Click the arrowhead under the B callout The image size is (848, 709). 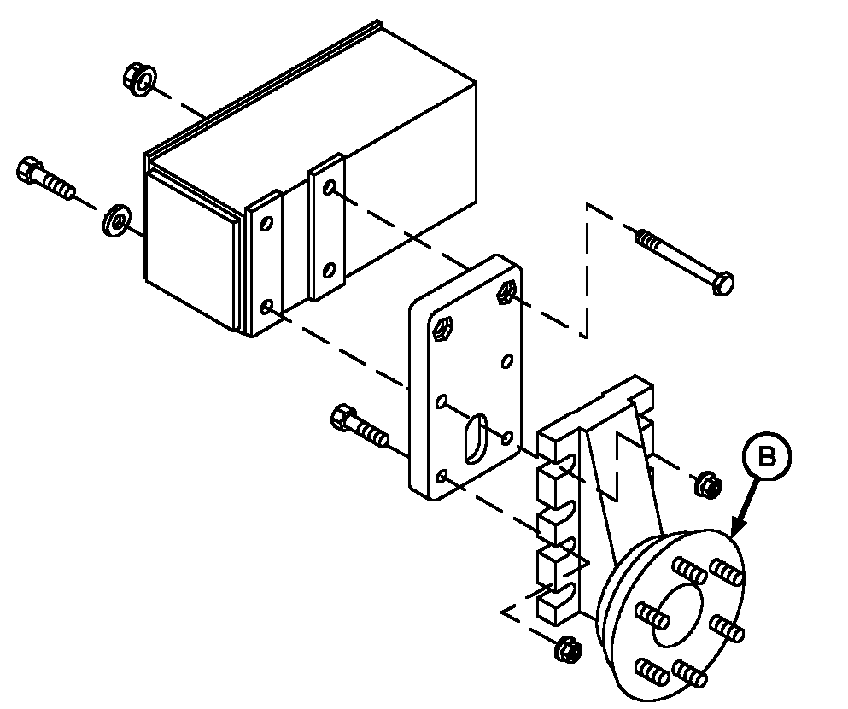pos(737,527)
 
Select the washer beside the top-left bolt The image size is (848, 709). pos(117,220)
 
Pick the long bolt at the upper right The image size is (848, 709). pos(685,261)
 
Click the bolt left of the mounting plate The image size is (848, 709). pos(360,425)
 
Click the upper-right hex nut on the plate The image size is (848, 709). pos(506,293)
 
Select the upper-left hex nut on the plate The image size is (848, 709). pos(445,329)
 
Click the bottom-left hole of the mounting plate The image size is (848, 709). pos(442,477)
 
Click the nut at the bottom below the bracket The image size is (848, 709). pos(568,647)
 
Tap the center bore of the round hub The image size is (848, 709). pos(677,615)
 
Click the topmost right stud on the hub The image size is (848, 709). pos(727,571)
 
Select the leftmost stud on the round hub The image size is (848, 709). pos(651,615)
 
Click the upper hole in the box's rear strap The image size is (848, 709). pos(329,189)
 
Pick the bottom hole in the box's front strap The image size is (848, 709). pos(266,308)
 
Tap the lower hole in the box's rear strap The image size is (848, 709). pos(328,270)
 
